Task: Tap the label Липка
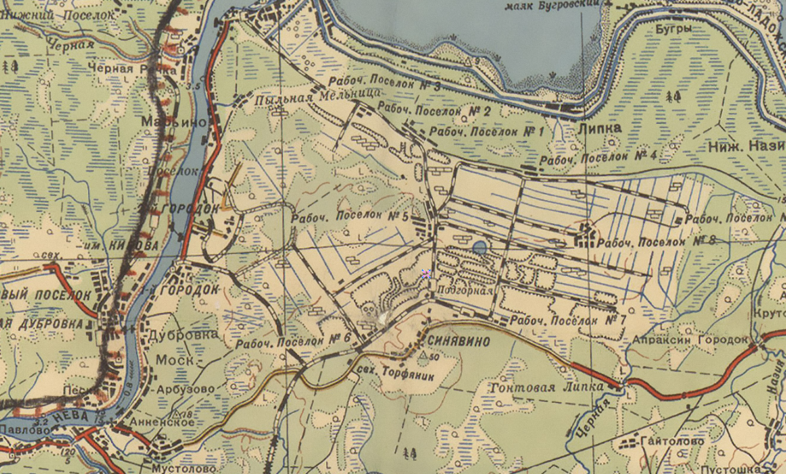coord(599,128)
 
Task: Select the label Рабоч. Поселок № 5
coord(351,216)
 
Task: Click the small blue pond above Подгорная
coord(479,248)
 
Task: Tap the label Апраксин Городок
coord(691,340)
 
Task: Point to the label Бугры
coord(673,30)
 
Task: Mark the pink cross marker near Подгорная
coord(426,274)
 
